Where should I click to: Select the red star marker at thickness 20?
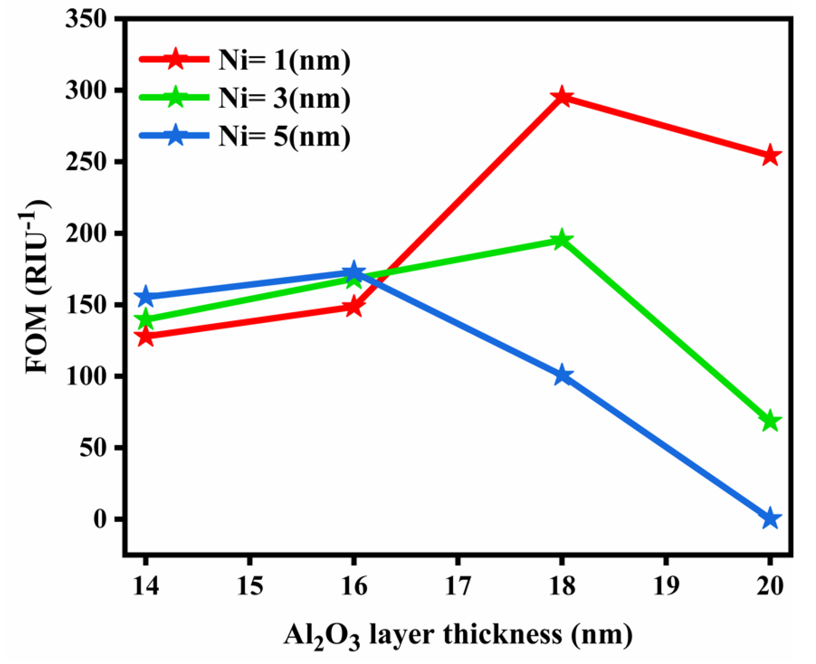coord(770,156)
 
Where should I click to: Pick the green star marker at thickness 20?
coord(770,422)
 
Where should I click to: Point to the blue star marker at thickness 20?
coord(770,519)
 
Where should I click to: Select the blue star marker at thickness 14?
coord(145,297)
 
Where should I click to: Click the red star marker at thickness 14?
coord(145,337)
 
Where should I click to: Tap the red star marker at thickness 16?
coord(354,307)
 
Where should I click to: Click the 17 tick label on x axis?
coord(457,586)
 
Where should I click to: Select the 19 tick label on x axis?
coord(666,586)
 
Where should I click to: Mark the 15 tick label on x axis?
coord(249,586)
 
